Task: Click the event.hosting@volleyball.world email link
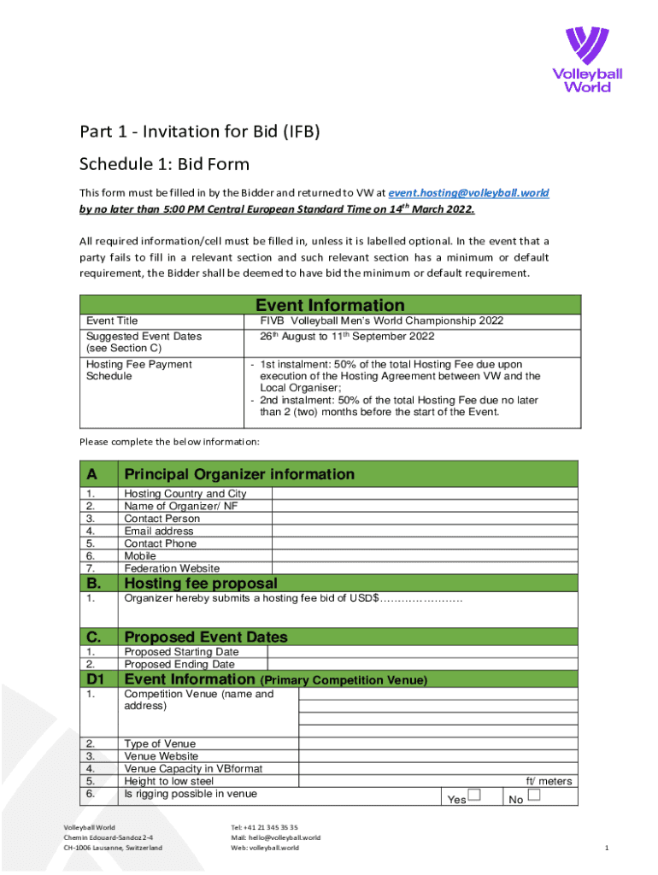pyautogui.click(x=468, y=193)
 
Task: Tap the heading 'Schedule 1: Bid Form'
pyautogui.click(x=164, y=163)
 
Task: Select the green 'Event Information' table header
pyautogui.click(x=330, y=305)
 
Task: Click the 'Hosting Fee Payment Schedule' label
pyautogui.click(x=139, y=370)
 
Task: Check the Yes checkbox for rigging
pyautogui.click(x=475, y=796)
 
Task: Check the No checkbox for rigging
pyautogui.click(x=534, y=796)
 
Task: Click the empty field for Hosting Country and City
pyautogui.click(x=426, y=494)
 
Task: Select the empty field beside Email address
pyautogui.click(x=426, y=531)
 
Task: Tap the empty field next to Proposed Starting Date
pyautogui.click(x=423, y=652)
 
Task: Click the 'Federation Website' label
pyautogui.click(x=172, y=568)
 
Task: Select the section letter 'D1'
pyautogui.click(x=96, y=679)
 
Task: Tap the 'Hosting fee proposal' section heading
pyautogui.click(x=201, y=584)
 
